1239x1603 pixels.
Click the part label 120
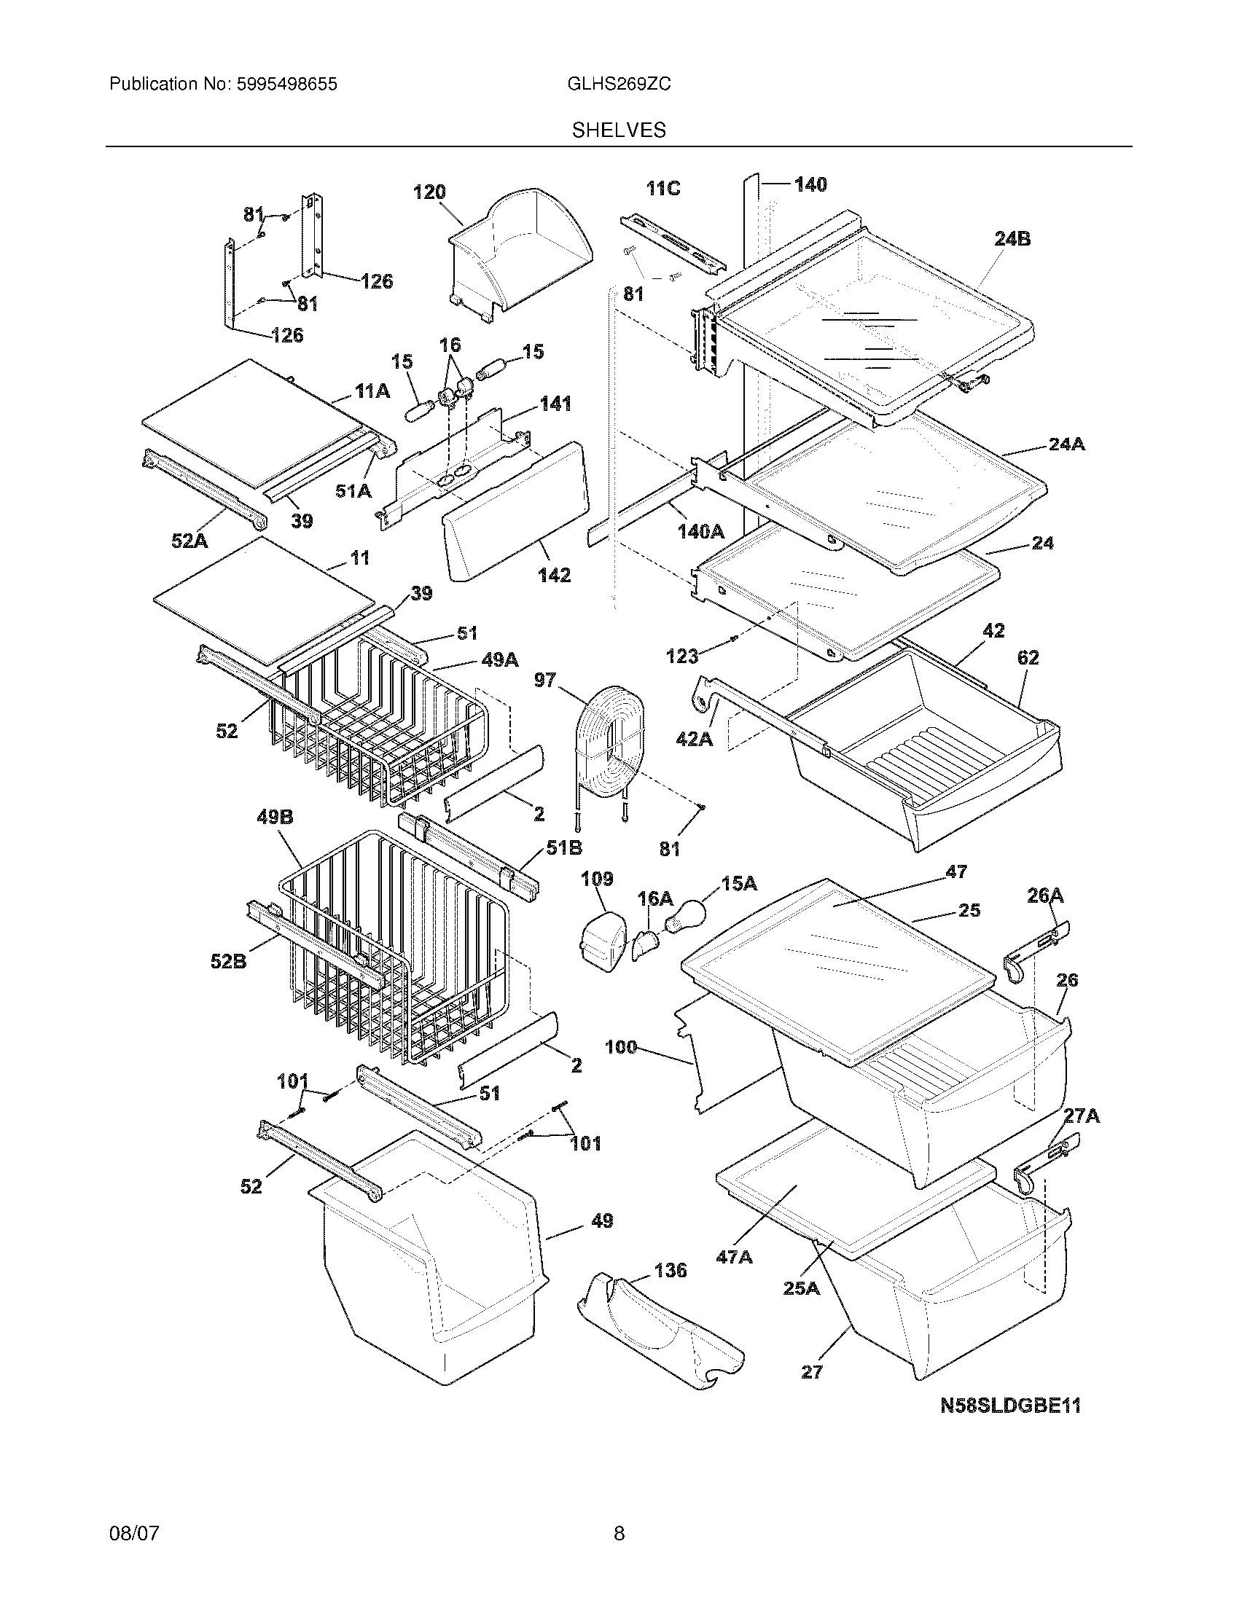(429, 192)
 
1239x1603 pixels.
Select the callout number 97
(544, 681)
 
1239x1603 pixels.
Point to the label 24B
(1012, 238)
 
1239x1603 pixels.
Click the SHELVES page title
(619, 130)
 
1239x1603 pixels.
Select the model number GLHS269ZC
(618, 85)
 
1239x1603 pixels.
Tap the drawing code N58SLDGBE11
(1011, 1405)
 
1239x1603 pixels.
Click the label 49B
(275, 817)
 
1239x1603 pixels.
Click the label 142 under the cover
(554, 575)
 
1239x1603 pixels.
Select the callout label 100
(621, 1047)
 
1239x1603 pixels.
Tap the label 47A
(734, 1257)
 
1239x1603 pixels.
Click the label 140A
(701, 530)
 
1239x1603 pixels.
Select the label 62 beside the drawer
(1028, 658)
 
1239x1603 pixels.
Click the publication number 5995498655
(286, 85)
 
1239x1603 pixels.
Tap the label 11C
(663, 189)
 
